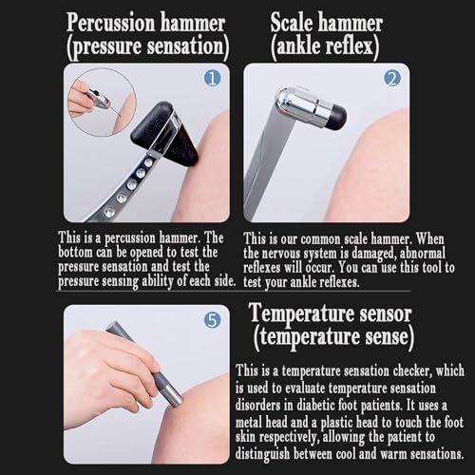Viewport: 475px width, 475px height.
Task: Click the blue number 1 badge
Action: (x=212, y=78)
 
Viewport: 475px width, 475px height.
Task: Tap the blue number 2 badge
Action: (x=392, y=78)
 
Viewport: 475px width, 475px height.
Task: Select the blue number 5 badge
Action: (x=212, y=320)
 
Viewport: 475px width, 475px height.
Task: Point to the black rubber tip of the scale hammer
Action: (x=336, y=117)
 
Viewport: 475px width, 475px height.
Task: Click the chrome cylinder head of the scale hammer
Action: (x=301, y=105)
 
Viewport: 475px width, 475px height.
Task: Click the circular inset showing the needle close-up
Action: (x=102, y=102)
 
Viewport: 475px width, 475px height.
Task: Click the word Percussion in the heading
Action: (x=111, y=23)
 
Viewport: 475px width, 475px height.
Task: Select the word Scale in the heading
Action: (x=292, y=22)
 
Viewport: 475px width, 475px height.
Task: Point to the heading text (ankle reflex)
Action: (x=325, y=47)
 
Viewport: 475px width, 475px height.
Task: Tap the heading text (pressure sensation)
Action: (x=148, y=47)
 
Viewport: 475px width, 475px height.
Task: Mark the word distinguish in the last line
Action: (x=262, y=454)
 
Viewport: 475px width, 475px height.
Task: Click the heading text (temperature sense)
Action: (x=333, y=337)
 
